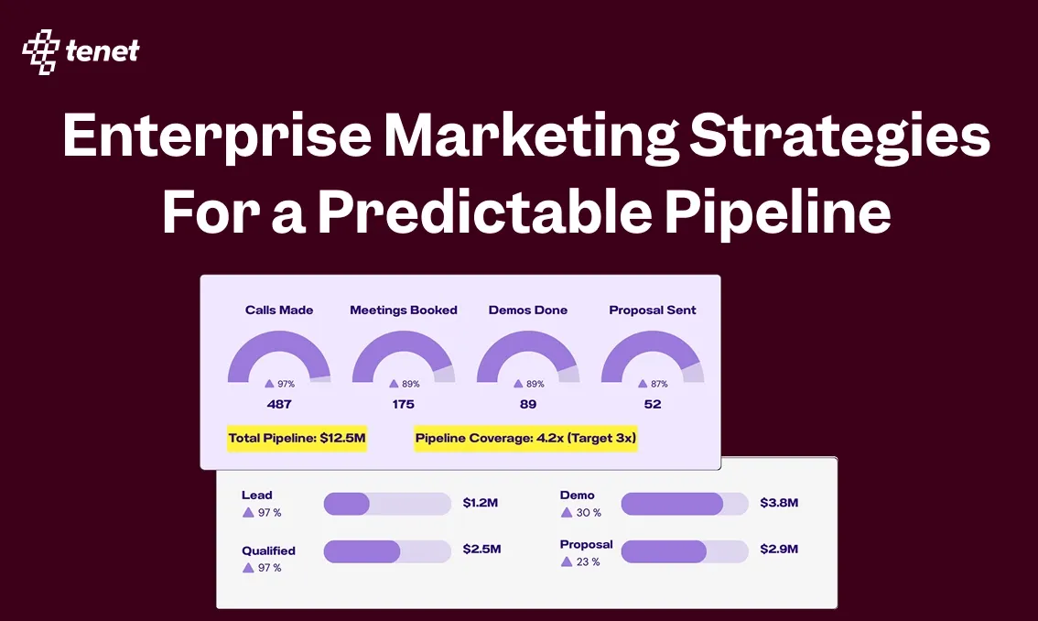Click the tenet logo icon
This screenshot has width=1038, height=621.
pyautogui.click(x=40, y=51)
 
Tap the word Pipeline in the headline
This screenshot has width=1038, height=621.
pyautogui.click(x=777, y=212)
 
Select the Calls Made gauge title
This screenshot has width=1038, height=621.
pyautogui.click(x=279, y=310)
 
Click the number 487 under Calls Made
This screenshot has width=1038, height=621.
pyautogui.click(x=279, y=404)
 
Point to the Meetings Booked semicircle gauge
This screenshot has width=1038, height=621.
pyautogui.click(x=404, y=353)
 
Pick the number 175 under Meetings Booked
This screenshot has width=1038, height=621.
pyautogui.click(x=404, y=404)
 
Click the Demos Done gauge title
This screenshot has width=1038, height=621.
pyautogui.click(x=528, y=310)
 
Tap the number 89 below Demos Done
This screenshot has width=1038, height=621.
pyautogui.click(x=528, y=404)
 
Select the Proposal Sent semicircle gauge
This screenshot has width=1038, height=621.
pyautogui.click(x=653, y=353)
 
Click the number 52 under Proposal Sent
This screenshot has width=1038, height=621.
pyautogui.click(x=653, y=404)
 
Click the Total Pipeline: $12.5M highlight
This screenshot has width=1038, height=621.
pyautogui.click(x=297, y=439)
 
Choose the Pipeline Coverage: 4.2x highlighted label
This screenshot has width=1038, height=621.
pyautogui.click(x=525, y=439)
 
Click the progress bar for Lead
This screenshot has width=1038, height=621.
pyautogui.click(x=387, y=503)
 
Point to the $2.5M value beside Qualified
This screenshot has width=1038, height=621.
pyautogui.click(x=481, y=549)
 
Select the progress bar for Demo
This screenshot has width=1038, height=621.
pyautogui.click(x=685, y=503)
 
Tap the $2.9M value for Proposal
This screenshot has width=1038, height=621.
pyautogui.click(x=779, y=549)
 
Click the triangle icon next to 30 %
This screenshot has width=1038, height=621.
pyautogui.click(x=566, y=513)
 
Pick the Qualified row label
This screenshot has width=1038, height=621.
pyautogui.click(x=268, y=551)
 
